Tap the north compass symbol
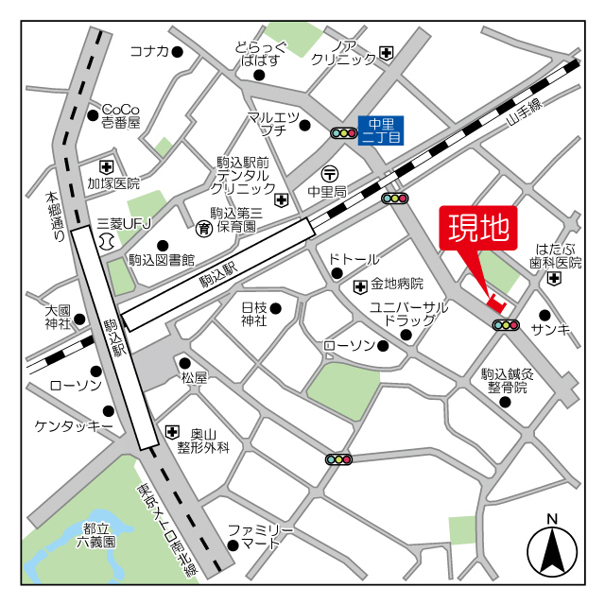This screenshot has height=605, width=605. click(x=552, y=549)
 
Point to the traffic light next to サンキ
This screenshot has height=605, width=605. click(x=506, y=325)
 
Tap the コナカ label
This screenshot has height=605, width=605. click(x=148, y=51)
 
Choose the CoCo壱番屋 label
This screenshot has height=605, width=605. click(x=121, y=115)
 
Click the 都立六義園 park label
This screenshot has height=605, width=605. click(x=96, y=535)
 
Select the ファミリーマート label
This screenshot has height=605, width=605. click(x=262, y=536)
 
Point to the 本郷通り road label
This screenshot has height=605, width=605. click(x=56, y=218)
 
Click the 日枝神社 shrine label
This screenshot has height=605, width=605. click(x=253, y=314)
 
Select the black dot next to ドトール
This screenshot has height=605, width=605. click(x=337, y=274)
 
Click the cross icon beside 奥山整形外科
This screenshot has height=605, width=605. click(x=171, y=432)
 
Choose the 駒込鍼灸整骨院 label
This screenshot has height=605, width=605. click(x=508, y=380)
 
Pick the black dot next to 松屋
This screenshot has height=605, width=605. click(x=185, y=362)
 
